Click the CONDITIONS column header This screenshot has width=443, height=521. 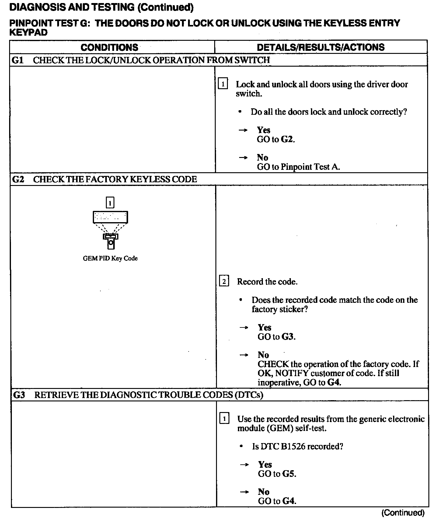pos(109,47)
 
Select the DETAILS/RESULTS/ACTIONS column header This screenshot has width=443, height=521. pos(321,47)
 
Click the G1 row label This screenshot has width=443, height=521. pos(18,60)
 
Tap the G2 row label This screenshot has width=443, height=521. pos(18,179)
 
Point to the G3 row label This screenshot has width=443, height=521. pos(19,395)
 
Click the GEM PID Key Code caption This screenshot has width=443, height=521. pos(110,258)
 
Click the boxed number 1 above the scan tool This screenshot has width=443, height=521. pos(110,202)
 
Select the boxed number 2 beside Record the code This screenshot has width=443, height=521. pos(224,281)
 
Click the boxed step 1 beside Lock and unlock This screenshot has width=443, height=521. pos(223,84)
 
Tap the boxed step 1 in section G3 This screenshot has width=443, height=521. pos(224,419)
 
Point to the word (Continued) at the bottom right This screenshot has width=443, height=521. pos(403,513)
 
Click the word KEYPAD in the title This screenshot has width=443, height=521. pos(29,33)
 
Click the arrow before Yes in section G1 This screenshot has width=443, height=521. pos(243,130)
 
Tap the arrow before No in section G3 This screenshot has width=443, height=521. pos(244,492)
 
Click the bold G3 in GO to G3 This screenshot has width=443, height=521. pos(288,337)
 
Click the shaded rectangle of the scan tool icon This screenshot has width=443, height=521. pos(110,217)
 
